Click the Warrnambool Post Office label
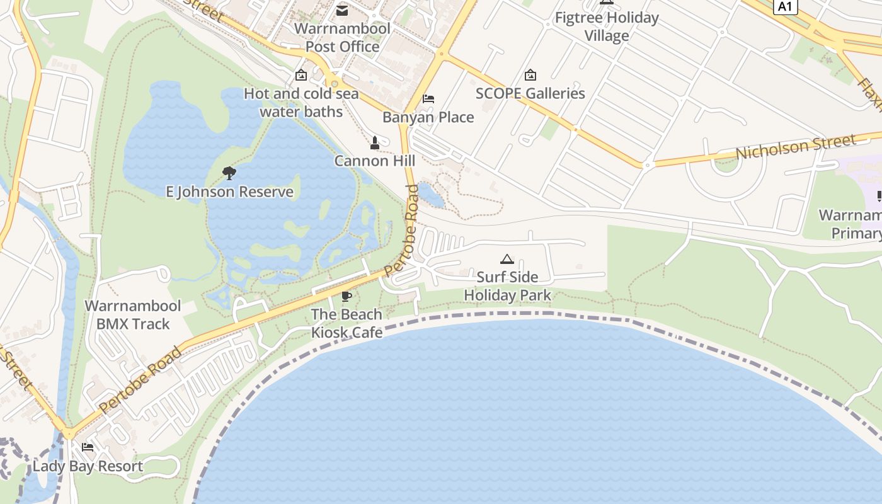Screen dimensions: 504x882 (342, 37)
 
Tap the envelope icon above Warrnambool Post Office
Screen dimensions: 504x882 (342, 10)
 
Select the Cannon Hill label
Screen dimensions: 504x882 (374, 161)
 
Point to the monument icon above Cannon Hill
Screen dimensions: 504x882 (375, 143)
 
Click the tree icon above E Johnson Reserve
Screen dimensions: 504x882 (229, 173)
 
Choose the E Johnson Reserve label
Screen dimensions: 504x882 (229, 192)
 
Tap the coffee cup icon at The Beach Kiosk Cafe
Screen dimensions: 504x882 (346, 296)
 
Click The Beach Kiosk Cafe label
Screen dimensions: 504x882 (346, 323)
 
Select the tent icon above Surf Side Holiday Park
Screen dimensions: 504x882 (507, 259)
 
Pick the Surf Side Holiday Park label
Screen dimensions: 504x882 (507, 286)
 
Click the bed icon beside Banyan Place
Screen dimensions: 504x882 (428, 99)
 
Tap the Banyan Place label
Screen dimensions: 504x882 (428, 117)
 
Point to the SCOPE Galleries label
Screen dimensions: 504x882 (530, 93)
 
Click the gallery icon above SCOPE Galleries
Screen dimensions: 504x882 (530, 75)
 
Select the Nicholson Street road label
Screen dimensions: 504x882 (796, 147)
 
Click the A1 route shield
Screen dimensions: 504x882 (784, 6)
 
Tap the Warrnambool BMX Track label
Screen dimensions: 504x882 (133, 315)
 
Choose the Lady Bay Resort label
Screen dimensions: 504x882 (88, 466)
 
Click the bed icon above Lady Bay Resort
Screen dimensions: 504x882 (88, 447)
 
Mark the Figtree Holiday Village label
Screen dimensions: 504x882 (607, 26)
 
